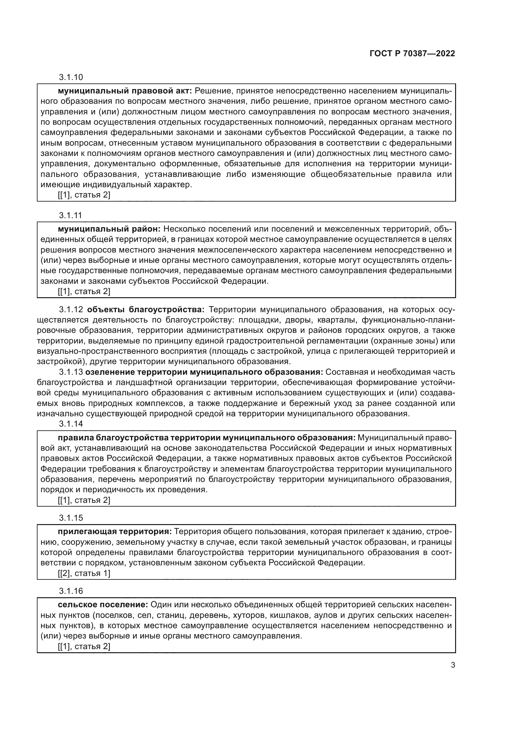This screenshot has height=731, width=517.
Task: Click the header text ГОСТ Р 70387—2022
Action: click(412, 54)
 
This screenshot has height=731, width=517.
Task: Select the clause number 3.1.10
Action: click(71, 77)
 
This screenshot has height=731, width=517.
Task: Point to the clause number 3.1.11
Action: click(70, 215)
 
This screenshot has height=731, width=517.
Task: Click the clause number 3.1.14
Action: click(71, 424)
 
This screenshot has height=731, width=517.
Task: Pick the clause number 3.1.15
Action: click(71, 518)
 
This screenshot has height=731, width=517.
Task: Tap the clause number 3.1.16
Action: click(71, 591)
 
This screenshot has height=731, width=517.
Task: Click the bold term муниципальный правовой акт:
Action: click(125, 91)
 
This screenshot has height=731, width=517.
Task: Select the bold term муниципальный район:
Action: click(110, 229)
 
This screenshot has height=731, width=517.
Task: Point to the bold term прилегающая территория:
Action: click(115, 532)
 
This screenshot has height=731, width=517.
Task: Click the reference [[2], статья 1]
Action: click(84, 573)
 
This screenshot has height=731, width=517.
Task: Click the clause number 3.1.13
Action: click(71, 372)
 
